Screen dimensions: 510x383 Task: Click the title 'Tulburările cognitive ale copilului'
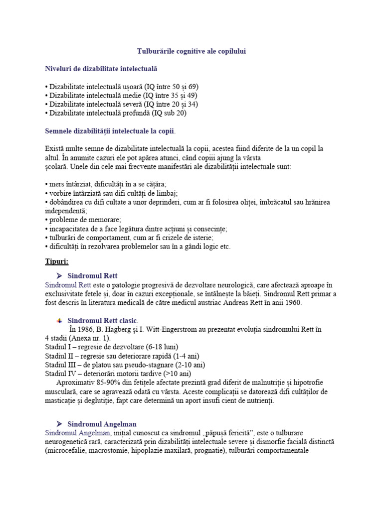click(x=191, y=51)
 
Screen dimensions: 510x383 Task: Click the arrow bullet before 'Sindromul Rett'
click(x=59, y=275)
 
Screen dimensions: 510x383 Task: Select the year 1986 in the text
click(x=90, y=329)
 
